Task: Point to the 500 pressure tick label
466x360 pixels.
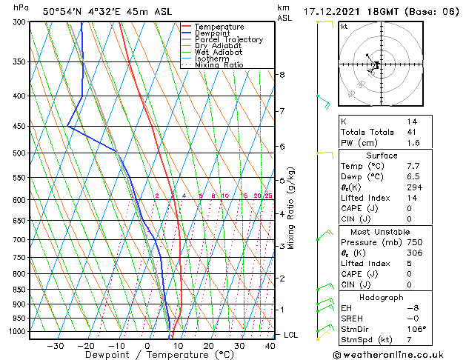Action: [x=19, y=153]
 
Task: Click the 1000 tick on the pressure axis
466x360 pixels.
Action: [x=17, y=332]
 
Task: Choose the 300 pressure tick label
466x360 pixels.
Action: [x=19, y=22]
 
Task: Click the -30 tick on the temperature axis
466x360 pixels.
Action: [x=55, y=346]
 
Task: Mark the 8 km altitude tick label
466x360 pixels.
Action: [x=282, y=75]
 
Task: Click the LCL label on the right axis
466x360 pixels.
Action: [x=290, y=335]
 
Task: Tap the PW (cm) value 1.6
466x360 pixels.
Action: [x=412, y=143]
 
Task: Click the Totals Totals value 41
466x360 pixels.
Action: [x=411, y=132]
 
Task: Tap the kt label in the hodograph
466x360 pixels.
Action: [x=344, y=27]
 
